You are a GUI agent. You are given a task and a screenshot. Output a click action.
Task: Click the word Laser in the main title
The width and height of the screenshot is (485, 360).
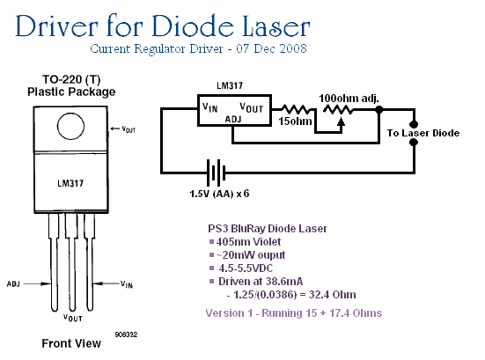tap(276, 26)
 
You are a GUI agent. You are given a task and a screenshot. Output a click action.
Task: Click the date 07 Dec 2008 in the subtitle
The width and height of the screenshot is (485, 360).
tap(271, 48)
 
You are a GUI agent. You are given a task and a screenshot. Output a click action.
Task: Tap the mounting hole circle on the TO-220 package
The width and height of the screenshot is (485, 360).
tap(70, 126)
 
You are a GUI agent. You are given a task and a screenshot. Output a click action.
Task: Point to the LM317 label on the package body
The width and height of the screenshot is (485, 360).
tap(70, 183)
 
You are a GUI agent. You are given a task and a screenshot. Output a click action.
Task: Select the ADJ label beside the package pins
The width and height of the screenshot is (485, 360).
tap(13, 283)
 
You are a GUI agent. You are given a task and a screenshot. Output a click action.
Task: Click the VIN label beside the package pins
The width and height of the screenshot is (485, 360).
tap(127, 284)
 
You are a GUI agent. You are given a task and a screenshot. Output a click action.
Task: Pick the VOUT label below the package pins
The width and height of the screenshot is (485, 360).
tap(73, 318)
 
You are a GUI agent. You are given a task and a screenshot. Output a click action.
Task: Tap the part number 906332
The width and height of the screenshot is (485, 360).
tap(126, 334)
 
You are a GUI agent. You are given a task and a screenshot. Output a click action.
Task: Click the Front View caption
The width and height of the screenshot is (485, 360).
tap(71, 343)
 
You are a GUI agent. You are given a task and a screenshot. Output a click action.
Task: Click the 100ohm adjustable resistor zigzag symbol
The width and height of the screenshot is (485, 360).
tap(338, 109)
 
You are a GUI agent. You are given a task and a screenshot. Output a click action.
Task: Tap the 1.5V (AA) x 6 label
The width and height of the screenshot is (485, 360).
tap(219, 194)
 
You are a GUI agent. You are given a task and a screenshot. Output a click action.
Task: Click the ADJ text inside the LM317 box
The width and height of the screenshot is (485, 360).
tap(233, 120)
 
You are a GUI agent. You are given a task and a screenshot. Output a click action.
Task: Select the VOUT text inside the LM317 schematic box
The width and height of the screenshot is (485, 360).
tap(252, 108)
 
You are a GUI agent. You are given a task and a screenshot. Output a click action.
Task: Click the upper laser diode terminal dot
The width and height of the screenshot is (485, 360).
tap(414, 124)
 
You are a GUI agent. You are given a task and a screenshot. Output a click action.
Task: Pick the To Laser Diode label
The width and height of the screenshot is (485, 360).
tap(423, 133)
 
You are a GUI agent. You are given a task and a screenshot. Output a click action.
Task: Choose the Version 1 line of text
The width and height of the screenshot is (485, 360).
tap(294, 313)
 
